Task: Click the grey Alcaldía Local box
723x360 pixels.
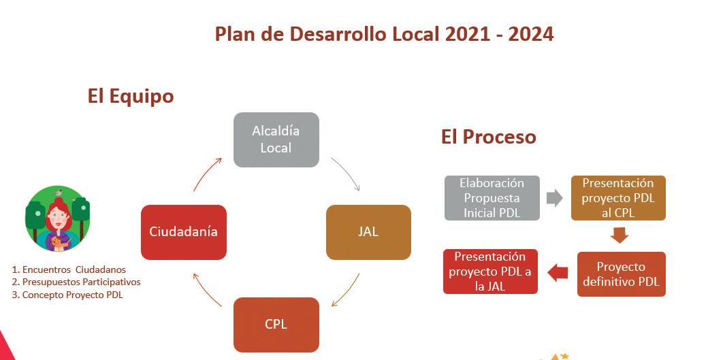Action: [x=276, y=140]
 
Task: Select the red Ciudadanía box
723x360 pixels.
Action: [x=184, y=232]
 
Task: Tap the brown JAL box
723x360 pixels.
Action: [x=368, y=232]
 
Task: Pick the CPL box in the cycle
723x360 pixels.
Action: [x=276, y=325]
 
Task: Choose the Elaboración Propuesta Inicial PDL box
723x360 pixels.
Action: [x=492, y=198]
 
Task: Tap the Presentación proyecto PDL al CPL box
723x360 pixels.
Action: [x=618, y=198]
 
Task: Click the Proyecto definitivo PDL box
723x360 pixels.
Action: [x=621, y=274]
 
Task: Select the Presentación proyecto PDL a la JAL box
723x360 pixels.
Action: [x=490, y=272]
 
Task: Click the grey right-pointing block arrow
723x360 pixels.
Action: [x=555, y=198]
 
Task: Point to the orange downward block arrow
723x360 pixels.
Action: [x=620, y=235]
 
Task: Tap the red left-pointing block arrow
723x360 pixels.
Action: [x=558, y=272]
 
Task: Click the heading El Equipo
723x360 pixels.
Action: [x=131, y=97]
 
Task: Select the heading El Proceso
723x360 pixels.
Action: [x=489, y=137]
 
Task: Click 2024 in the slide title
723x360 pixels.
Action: [x=531, y=35]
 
